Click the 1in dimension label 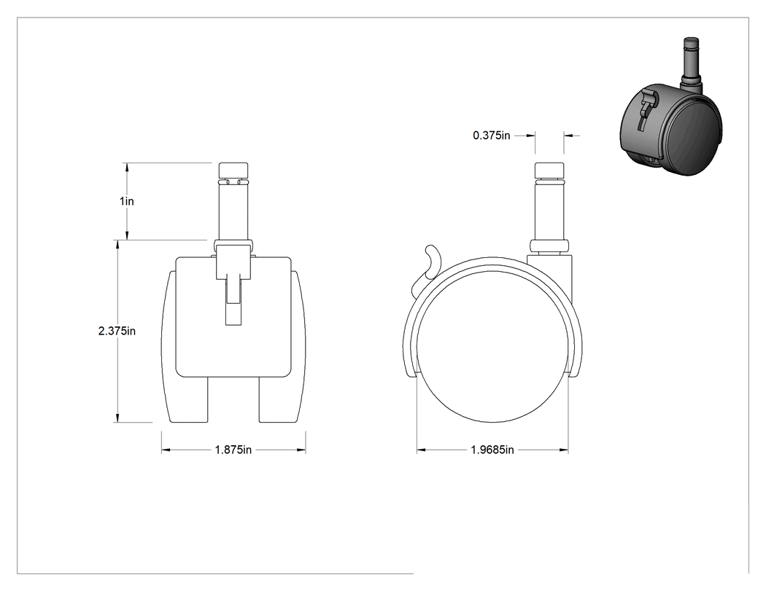click(x=126, y=201)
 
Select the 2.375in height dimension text click(x=117, y=331)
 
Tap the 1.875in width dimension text click(x=233, y=450)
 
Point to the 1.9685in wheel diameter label click(x=492, y=450)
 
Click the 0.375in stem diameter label click(x=492, y=136)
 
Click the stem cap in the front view click(x=233, y=171)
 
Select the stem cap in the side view click(x=549, y=171)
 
